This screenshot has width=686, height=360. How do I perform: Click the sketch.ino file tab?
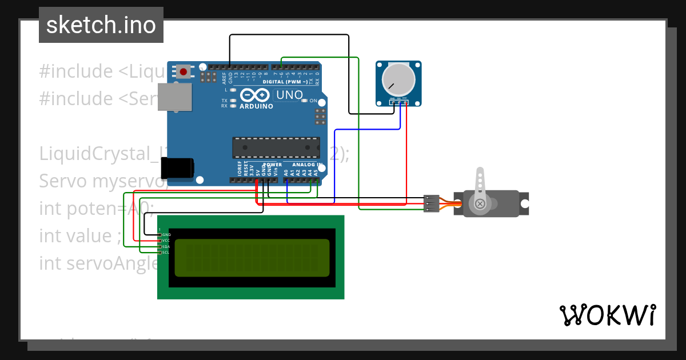[x=101, y=25]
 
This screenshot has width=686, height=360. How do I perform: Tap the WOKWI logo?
[x=607, y=315]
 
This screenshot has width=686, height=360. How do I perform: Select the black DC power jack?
[x=177, y=168]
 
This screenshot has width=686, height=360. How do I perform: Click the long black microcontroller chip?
[x=276, y=147]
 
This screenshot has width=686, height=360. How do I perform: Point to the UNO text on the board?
[x=290, y=95]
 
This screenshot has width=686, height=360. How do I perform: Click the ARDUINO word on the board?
[x=256, y=106]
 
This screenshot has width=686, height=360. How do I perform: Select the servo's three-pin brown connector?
[x=432, y=203]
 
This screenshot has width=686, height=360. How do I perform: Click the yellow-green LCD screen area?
[x=252, y=255]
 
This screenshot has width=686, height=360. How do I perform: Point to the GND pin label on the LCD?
[x=166, y=235]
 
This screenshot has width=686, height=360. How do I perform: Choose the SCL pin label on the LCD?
[x=166, y=252]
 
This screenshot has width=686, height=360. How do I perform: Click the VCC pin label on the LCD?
[x=166, y=241]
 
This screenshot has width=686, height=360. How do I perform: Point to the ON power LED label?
[x=313, y=101]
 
